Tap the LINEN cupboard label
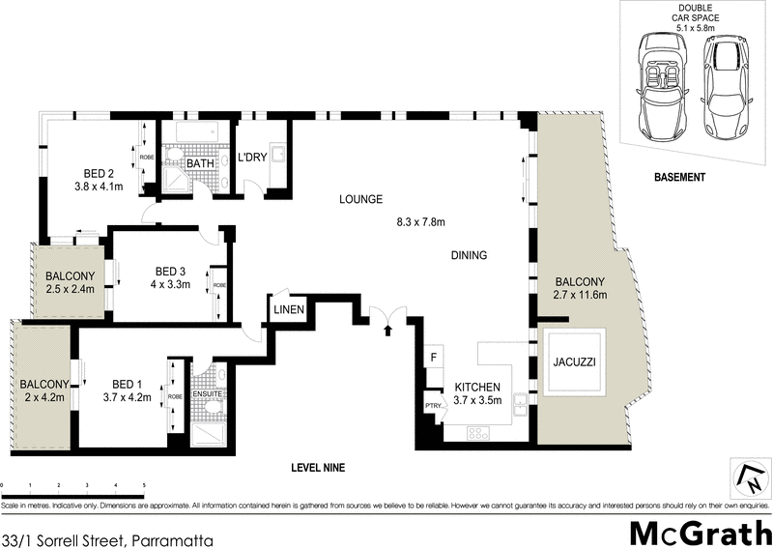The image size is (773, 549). pyautogui.click(x=289, y=310)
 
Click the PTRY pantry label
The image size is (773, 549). pyautogui.click(x=432, y=406)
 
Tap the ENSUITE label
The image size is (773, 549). pyautogui.click(x=207, y=394)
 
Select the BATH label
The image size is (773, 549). pyautogui.click(x=201, y=164)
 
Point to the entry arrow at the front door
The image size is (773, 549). pyautogui.click(x=388, y=331)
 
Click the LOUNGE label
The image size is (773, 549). pyautogui.click(x=360, y=200)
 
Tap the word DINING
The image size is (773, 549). pyautogui.click(x=468, y=256)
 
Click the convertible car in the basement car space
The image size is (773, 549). pyautogui.click(x=663, y=79)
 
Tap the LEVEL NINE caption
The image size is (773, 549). pyautogui.click(x=318, y=468)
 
